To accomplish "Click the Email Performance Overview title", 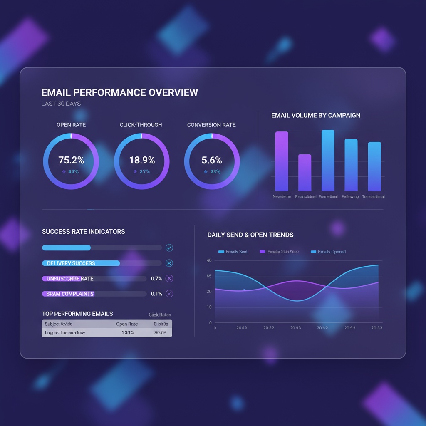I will tap(120, 92).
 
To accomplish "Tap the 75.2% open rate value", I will tap(71, 160).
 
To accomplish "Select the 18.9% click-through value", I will tap(141, 160).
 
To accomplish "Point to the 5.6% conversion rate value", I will tap(212, 160).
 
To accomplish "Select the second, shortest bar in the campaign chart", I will tap(305, 172).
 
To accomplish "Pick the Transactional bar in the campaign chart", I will tap(374, 166).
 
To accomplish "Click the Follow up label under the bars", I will tap(350, 196).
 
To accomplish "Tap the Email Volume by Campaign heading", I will tap(316, 115).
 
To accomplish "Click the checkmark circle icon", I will tap(169, 248).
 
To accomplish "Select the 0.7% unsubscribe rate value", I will tap(156, 279).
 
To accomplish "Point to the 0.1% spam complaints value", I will tap(156, 294).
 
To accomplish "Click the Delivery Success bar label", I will tap(71, 263).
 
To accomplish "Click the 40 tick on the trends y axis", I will tap(209, 260).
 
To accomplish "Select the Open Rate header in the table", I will tap(127, 324).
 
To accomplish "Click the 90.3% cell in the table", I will tap(160, 332).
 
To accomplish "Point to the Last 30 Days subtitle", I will tap(61, 104).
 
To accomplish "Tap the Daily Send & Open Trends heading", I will tap(250, 235).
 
